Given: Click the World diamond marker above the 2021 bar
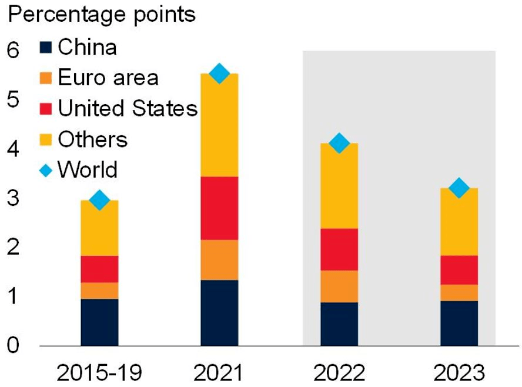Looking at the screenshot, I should coord(219,74).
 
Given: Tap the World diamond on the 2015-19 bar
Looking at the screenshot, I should coord(99,200).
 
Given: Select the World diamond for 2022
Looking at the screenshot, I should coord(339,143).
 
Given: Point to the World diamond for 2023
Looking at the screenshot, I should coord(459,188).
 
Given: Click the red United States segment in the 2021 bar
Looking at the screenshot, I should coord(219,208).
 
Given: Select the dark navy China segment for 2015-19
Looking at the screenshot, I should coord(99,322).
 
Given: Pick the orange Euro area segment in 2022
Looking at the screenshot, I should coord(339,286).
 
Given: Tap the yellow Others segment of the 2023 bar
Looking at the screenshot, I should coord(459,222).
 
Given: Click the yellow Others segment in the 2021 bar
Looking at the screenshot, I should coord(219,125).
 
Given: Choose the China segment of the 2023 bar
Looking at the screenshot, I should coord(459,323).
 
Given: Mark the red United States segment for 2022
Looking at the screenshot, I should coord(339,249).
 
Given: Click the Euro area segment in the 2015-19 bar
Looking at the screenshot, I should coord(99,291).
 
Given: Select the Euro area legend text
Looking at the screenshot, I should coord(108,78).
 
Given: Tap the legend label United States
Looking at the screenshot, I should coord(128,109).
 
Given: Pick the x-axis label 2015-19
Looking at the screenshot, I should coord(99,372).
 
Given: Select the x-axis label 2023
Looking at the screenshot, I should coord(459,372).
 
